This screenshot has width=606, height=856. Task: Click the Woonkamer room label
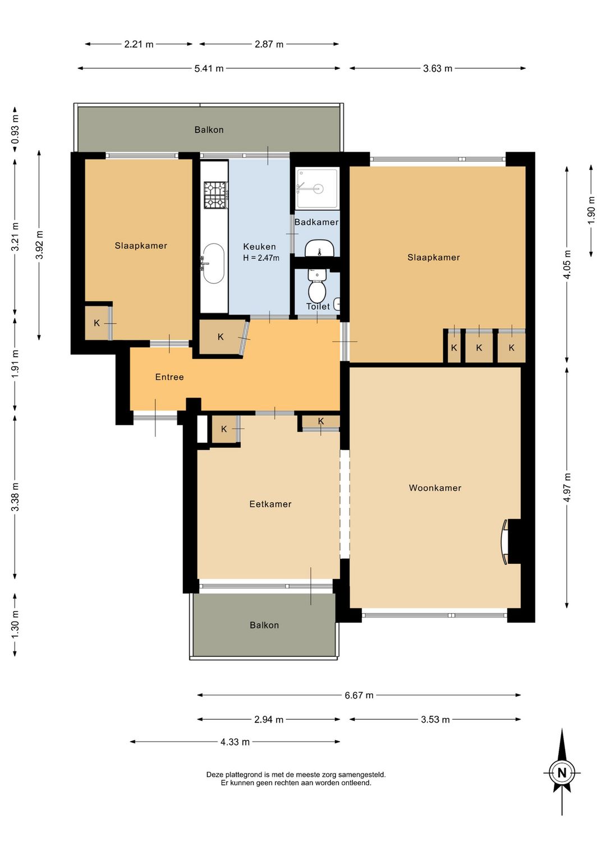(435, 487)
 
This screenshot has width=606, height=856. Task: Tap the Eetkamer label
(270, 504)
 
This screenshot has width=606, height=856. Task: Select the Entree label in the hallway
(169, 377)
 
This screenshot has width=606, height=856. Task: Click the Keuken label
(259, 246)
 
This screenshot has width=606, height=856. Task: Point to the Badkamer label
(316, 222)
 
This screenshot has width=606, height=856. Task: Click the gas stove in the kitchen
(215, 195)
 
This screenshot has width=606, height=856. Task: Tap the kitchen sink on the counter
(213, 264)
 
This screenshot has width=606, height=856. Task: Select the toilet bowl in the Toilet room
(316, 287)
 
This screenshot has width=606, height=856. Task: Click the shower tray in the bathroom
(317, 188)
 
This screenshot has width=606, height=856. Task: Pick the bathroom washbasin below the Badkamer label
(319, 248)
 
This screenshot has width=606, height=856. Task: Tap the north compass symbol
(562, 772)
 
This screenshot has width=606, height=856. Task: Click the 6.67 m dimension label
(359, 695)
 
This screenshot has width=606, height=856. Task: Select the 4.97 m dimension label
(567, 487)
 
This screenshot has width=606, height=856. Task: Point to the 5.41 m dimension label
(209, 68)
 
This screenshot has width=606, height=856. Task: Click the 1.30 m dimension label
(15, 624)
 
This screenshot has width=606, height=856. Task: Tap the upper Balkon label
(209, 130)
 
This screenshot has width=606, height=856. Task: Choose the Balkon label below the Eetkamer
(264, 625)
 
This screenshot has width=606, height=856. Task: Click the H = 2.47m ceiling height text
(261, 257)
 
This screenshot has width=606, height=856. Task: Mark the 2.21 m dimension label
(139, 44)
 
